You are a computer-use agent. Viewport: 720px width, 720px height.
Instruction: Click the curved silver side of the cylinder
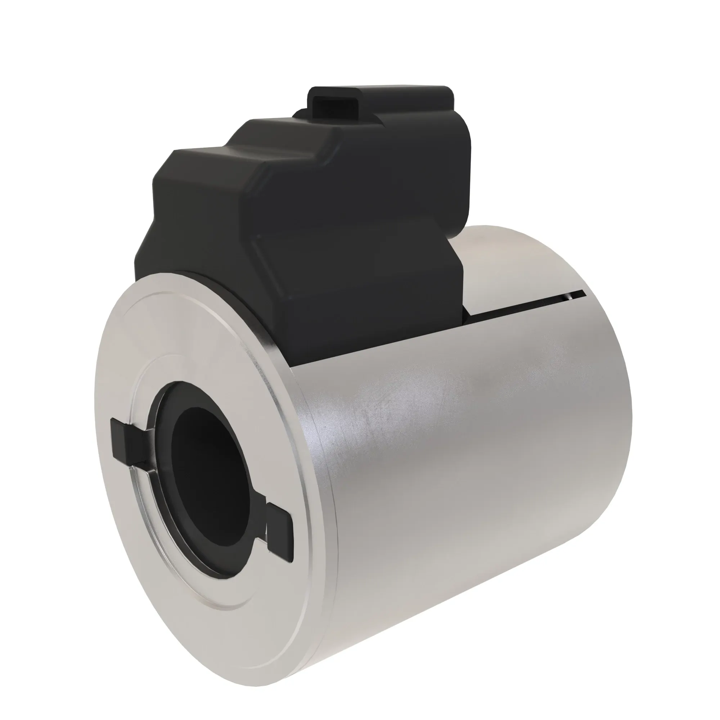click(x=466, y=466)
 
